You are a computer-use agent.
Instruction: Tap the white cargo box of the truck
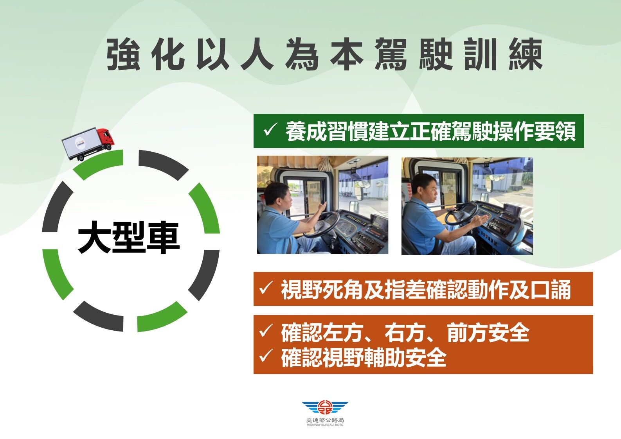[80, 143]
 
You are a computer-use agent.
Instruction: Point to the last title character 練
[526, 54]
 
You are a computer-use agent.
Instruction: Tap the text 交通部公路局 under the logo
[325, 421]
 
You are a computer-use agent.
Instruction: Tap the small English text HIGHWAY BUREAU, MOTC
[325, 425]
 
